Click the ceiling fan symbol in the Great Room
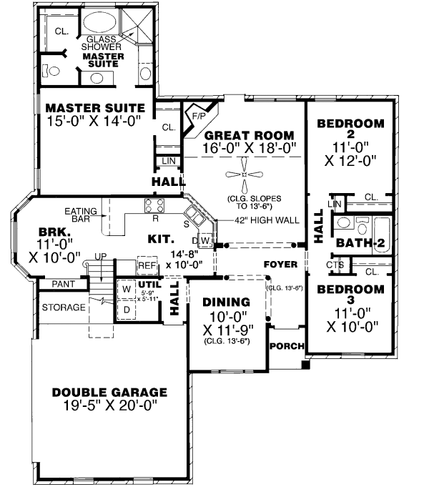245,174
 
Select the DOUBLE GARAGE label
109,393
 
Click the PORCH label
287,346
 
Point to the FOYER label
280,264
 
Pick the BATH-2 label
361,243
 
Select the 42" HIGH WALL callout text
267,220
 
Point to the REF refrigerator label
147,265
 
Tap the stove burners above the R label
155,205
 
